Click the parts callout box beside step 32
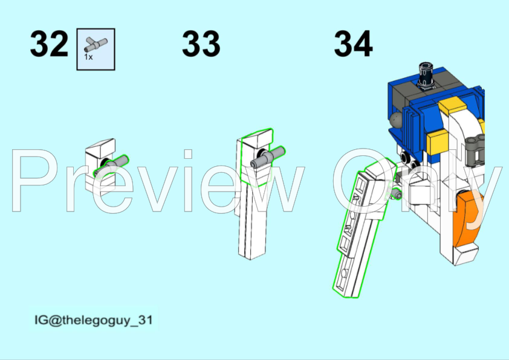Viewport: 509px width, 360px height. (x=96, y=49)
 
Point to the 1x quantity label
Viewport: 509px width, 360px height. (x=88, y=57)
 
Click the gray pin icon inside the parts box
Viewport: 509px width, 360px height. (x=96, y=43)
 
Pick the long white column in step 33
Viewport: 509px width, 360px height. (x=254, y=217)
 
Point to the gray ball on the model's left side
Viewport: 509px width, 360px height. (x=397, y=120)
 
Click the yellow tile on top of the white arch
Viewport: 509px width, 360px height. (x=450, y=109)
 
